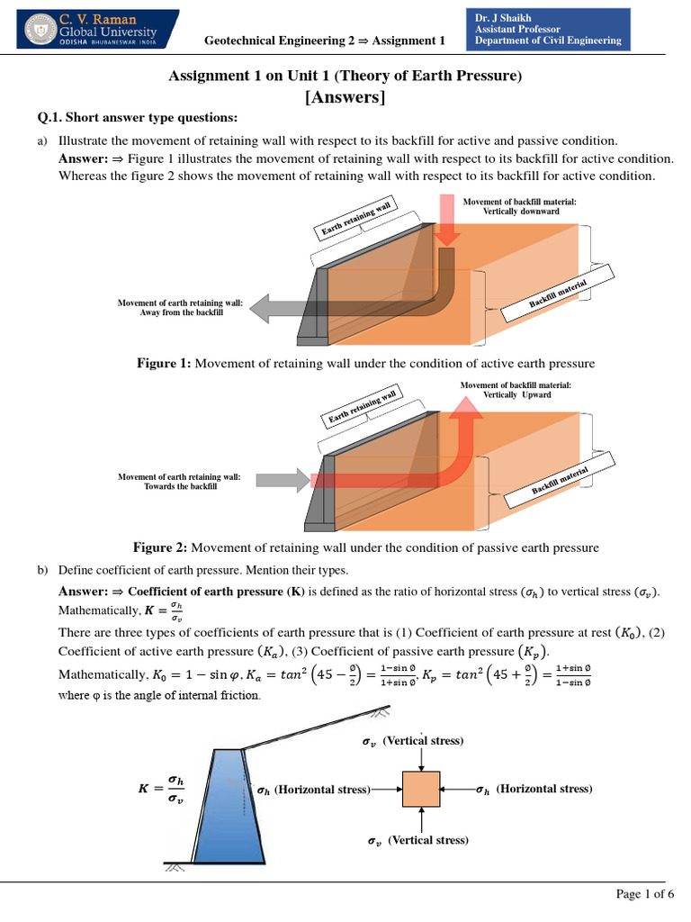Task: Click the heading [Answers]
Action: pos(345,97)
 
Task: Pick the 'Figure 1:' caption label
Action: pos(164,364)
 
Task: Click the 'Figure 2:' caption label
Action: pos(160,547)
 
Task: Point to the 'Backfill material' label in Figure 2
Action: pos(559,482)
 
